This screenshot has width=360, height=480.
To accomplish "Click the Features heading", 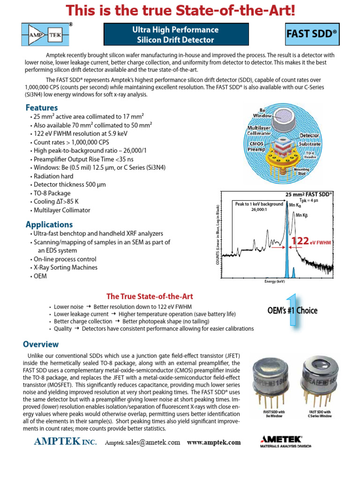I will click(42, 107).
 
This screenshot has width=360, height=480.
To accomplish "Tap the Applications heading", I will click(49, 224).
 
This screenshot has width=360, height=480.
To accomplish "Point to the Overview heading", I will click(42, 344).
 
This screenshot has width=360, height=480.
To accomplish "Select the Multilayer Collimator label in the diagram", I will click(259, 130).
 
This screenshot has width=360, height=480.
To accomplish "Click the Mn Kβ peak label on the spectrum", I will click(300, 215).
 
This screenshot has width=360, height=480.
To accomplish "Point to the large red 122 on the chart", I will click(300, 241).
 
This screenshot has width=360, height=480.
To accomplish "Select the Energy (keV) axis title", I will click(274, 282).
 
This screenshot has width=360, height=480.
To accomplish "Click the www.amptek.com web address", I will click(214, 442).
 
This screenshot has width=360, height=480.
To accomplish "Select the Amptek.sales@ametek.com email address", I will click(142, 442).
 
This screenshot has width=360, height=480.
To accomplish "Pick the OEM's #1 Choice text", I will click(292, 310).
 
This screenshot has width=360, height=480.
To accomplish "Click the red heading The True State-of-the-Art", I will click(150, 296).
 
